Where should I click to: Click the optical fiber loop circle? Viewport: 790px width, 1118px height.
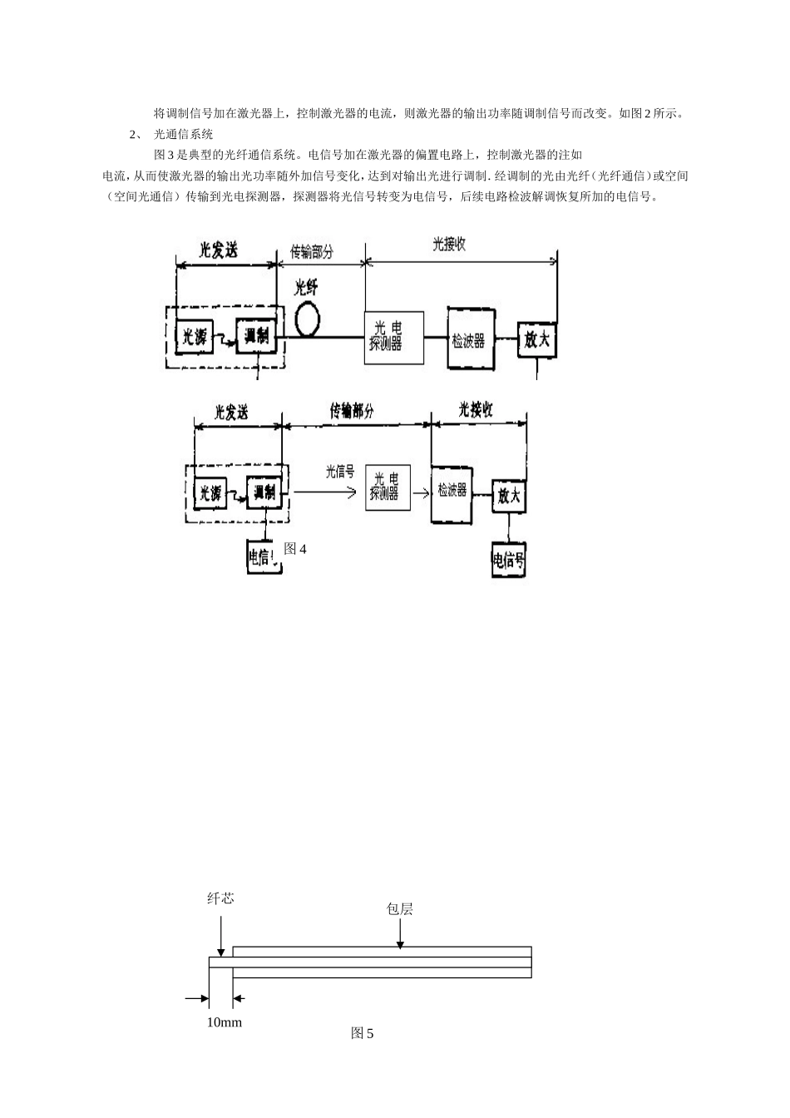(309, 319)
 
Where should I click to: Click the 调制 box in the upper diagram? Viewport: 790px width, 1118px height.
(255, 337)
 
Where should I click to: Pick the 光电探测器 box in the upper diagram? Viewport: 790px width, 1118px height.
(393, 338)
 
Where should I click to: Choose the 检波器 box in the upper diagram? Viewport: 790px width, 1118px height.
(471, 339)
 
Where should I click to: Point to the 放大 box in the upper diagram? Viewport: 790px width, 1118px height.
(536, 339)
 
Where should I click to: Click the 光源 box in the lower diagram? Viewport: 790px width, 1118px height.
(210, 493)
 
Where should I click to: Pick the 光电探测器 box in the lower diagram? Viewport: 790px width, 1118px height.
(388, 487)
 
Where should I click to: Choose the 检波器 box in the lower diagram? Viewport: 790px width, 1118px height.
(452, 493)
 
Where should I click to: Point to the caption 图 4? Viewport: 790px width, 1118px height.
(295, 549)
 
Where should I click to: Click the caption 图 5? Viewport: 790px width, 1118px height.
(362, 1034)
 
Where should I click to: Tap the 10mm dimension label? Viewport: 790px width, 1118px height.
(224, 1022)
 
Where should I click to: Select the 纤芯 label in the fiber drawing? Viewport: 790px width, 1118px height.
(220, 898)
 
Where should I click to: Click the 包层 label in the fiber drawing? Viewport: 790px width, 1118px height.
(399, 909)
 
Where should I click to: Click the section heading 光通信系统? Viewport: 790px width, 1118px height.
(184, 134)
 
